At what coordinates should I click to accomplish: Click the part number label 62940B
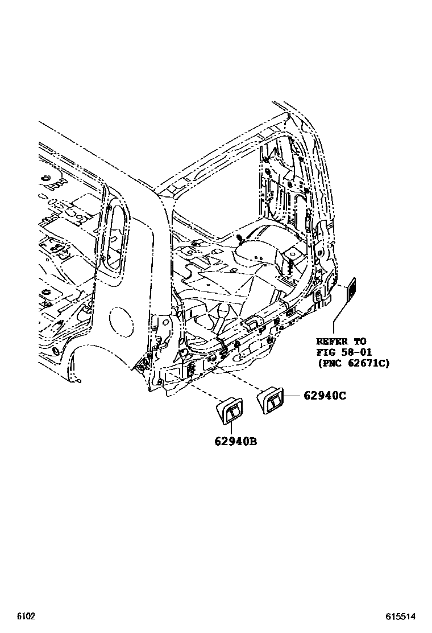coord(235,441)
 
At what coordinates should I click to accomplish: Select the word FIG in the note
coord(326,352)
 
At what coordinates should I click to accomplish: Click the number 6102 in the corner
coord(26,616)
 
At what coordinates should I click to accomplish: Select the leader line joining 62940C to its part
coord(291,396)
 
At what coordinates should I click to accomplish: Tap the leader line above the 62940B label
coord(233,428)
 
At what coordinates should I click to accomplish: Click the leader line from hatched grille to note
coord(340,316)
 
